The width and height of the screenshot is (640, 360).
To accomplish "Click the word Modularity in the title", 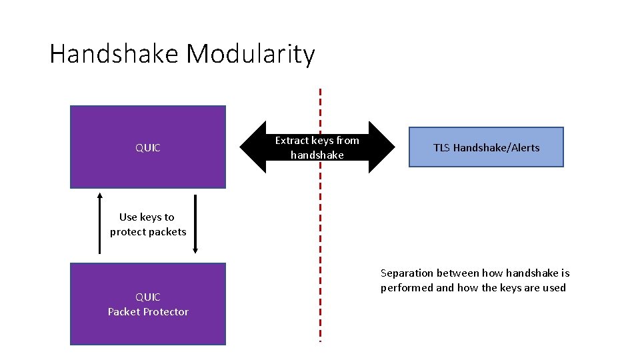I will click(251, 54).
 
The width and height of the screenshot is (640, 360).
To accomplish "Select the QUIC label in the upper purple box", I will click(148, 148).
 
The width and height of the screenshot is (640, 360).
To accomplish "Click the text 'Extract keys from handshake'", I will click(317, 147).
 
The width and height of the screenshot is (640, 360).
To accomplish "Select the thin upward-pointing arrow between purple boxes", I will click(100, 224).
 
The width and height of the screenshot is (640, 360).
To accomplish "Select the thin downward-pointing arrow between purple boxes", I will click(195, 224).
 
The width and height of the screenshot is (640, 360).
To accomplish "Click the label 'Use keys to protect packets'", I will click(147, 224).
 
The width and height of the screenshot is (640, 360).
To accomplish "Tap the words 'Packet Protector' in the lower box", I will click(148, 312).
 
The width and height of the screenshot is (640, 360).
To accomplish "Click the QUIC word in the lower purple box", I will click(148, 297).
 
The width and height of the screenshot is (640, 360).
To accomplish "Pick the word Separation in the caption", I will click(407, 273).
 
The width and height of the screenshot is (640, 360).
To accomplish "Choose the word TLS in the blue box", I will click(441, 147).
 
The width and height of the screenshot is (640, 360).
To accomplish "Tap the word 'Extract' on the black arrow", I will click(292, 141).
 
